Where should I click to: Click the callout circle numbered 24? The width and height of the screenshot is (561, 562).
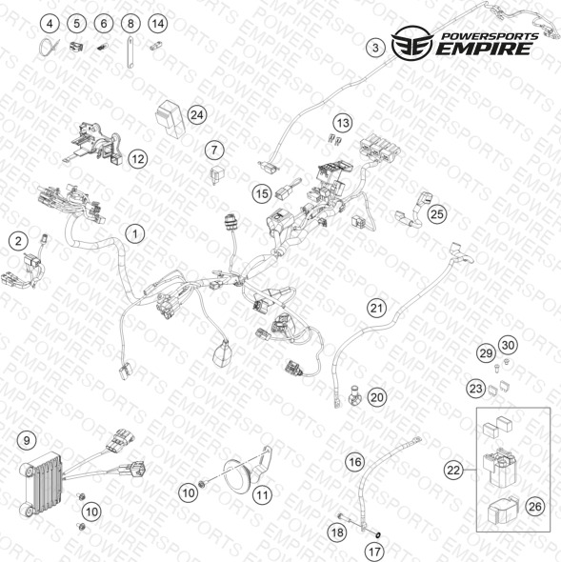click(197, 115)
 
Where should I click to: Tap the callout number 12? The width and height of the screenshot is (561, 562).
click(138, 159)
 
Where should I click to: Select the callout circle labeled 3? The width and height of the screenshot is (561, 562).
click(375, 48)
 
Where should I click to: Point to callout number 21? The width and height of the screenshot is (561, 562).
click(376, 309)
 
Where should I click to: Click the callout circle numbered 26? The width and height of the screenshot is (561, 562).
click(534, 507)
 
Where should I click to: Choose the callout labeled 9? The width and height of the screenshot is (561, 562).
click(27, 440)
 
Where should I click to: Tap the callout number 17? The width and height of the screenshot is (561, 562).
click(374, 552)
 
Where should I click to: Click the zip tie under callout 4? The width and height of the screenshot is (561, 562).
click(45, 48)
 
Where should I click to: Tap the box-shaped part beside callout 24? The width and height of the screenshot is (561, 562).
click(170, 118)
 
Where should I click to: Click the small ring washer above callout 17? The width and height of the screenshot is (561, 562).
click(377, 535)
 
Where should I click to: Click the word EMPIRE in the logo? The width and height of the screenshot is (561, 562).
click(484, 49)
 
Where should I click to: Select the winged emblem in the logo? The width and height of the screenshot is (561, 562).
click(412, 42)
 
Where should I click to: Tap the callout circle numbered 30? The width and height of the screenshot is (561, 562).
click(508, 345)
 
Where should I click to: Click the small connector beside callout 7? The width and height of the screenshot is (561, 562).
click(217, 175)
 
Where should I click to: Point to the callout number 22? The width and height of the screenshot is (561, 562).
click(453, 470)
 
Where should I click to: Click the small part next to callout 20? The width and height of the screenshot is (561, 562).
click(354, 394)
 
